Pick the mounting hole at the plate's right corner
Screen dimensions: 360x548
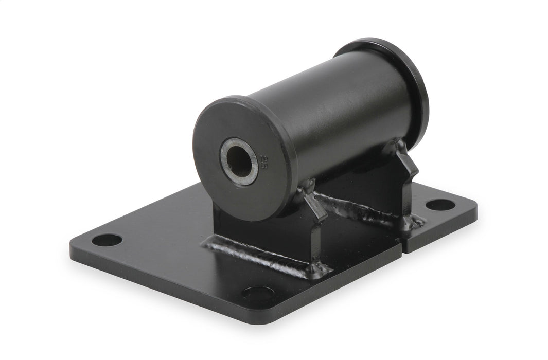(440, 205)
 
